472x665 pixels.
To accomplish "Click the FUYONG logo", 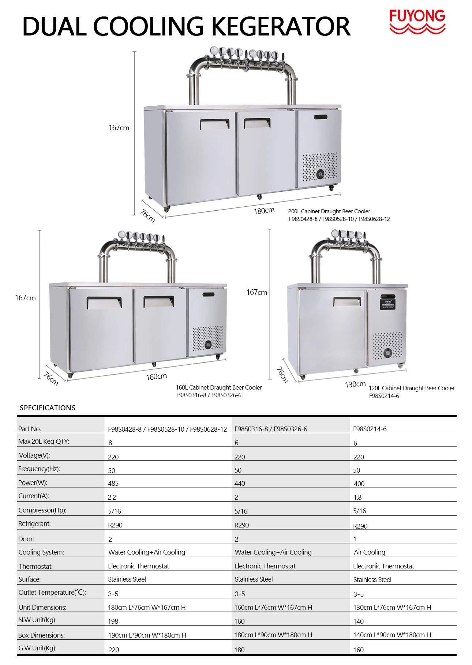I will [x=417, y=21].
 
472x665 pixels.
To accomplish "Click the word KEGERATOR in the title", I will [x=281, y=27].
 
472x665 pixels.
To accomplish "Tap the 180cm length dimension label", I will [x=264, y=211].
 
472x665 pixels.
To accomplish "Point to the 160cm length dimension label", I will [x=156, y=376].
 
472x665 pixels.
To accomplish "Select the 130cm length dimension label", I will [x=355, y=384].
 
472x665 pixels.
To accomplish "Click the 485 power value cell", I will [x=113, y=484].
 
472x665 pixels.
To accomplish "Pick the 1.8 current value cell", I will [x=357, y=497].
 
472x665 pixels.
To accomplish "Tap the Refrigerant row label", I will [x=34, y=524].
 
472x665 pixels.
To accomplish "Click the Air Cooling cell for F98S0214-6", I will [x=370, y=552].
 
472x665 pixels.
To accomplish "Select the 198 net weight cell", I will [x=113, y=621].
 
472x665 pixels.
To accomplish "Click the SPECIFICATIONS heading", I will [x=48, y=408].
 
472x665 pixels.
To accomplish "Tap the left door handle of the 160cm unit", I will [x=104, y=302].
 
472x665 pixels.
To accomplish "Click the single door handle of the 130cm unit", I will [x=347, y=301].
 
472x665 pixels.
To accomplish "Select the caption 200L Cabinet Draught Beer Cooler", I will [x=329, y=211].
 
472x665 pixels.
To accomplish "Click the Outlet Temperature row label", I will [x=52, y=593].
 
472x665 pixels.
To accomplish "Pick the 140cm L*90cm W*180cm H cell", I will [x=392, y=635].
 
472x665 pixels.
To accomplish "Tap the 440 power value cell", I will [x=240, y=484].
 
